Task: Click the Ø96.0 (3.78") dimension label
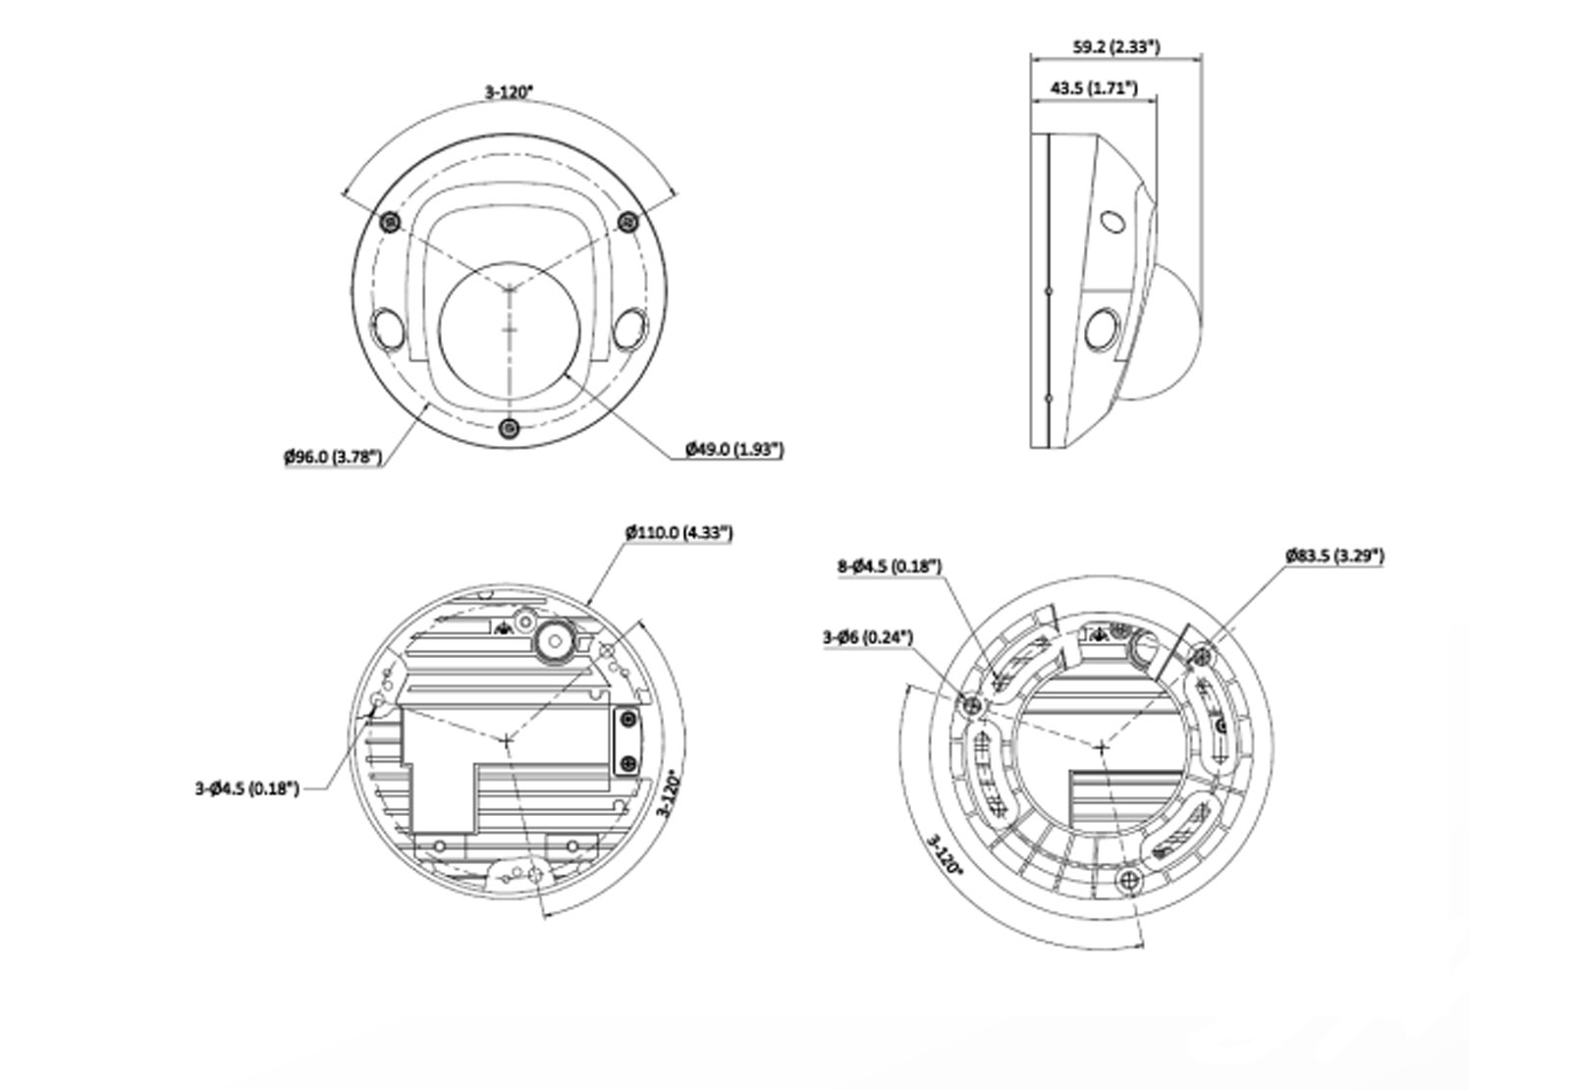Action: click(333, 457)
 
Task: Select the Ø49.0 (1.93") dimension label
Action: click(734, 450)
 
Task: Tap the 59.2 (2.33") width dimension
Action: click(1115, 46)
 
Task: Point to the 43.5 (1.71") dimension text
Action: click(1093, 88)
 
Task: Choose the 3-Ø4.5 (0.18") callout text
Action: click(246, 788)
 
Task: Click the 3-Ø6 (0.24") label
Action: click(867, 637)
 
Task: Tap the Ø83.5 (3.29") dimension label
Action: click(1334, 556)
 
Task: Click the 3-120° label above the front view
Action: click(509, 92)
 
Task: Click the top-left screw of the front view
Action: click(391, 222)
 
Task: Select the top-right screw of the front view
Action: click(626, 222)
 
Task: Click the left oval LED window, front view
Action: click(385, 327)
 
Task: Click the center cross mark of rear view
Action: click(507, 741)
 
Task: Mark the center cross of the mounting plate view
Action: click(1102, 748)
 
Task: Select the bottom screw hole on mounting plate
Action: click(1130, 880)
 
